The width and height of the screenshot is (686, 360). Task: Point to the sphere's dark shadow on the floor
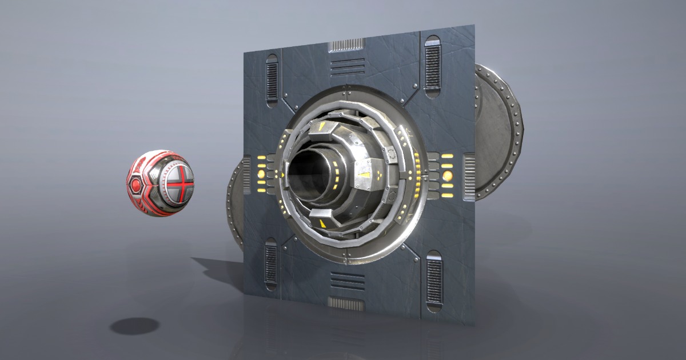pos(134,326)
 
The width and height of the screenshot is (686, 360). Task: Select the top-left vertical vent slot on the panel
pos(272,79)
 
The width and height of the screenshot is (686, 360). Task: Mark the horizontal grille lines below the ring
pos(348,280)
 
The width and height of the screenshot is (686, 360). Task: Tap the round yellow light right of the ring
pos(447,175)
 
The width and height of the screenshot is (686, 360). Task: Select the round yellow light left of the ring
pos(261,172)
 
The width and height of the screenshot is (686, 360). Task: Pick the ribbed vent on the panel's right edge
pos(469,177)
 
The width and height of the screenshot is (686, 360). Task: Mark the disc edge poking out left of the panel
pos(235,200)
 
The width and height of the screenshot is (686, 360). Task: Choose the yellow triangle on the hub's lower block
pos(325,222)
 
